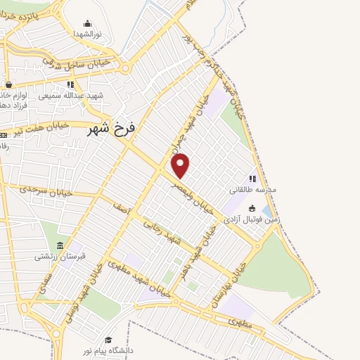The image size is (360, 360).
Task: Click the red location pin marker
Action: click(181, 165)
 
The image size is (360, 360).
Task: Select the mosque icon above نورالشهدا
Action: click(87, 23)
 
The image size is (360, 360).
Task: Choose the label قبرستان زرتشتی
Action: click(60, 257)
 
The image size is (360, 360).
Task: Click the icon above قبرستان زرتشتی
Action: click(60, 245)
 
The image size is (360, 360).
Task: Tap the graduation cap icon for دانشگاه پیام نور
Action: click(108, 340)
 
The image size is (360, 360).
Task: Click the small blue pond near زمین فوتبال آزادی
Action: click(266, 211)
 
